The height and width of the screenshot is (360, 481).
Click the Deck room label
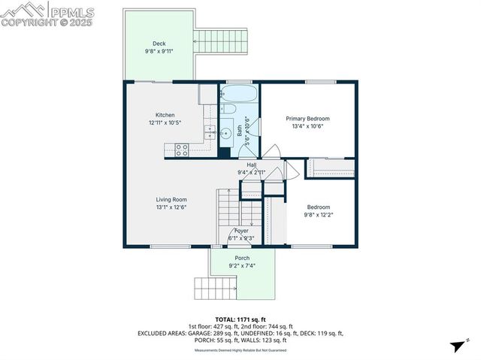159,44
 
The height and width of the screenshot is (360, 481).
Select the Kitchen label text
165,115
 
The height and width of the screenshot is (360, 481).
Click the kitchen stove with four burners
180,150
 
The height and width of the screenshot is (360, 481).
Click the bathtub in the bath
239,95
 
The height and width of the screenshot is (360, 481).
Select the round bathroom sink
225,134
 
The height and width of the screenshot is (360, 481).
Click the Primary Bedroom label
307,119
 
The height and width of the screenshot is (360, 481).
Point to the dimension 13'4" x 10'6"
307,127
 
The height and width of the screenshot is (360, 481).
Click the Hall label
252,164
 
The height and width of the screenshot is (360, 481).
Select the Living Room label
171,199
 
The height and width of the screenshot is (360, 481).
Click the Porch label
242,258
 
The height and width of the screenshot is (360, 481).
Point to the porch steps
216,288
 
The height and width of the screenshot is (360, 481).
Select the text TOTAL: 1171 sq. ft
241,319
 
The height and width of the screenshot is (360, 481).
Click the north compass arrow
455,346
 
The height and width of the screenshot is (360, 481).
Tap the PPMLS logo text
72,12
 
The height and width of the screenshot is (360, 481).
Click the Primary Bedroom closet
331,168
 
